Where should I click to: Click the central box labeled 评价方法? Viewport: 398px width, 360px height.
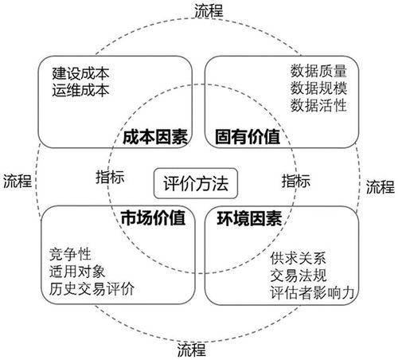[196, 182]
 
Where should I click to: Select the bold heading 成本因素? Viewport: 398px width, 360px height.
[155, 136]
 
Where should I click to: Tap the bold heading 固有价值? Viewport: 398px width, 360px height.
[247, 136]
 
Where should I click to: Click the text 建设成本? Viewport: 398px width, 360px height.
[80, 72]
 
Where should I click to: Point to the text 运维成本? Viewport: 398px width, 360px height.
[80, 88]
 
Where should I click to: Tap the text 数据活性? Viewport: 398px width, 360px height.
[320, 105]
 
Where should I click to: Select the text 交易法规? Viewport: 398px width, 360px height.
[298, 277]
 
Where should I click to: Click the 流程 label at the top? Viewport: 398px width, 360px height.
[209, 10]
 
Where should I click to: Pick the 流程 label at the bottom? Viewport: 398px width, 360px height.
[191, 349]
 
